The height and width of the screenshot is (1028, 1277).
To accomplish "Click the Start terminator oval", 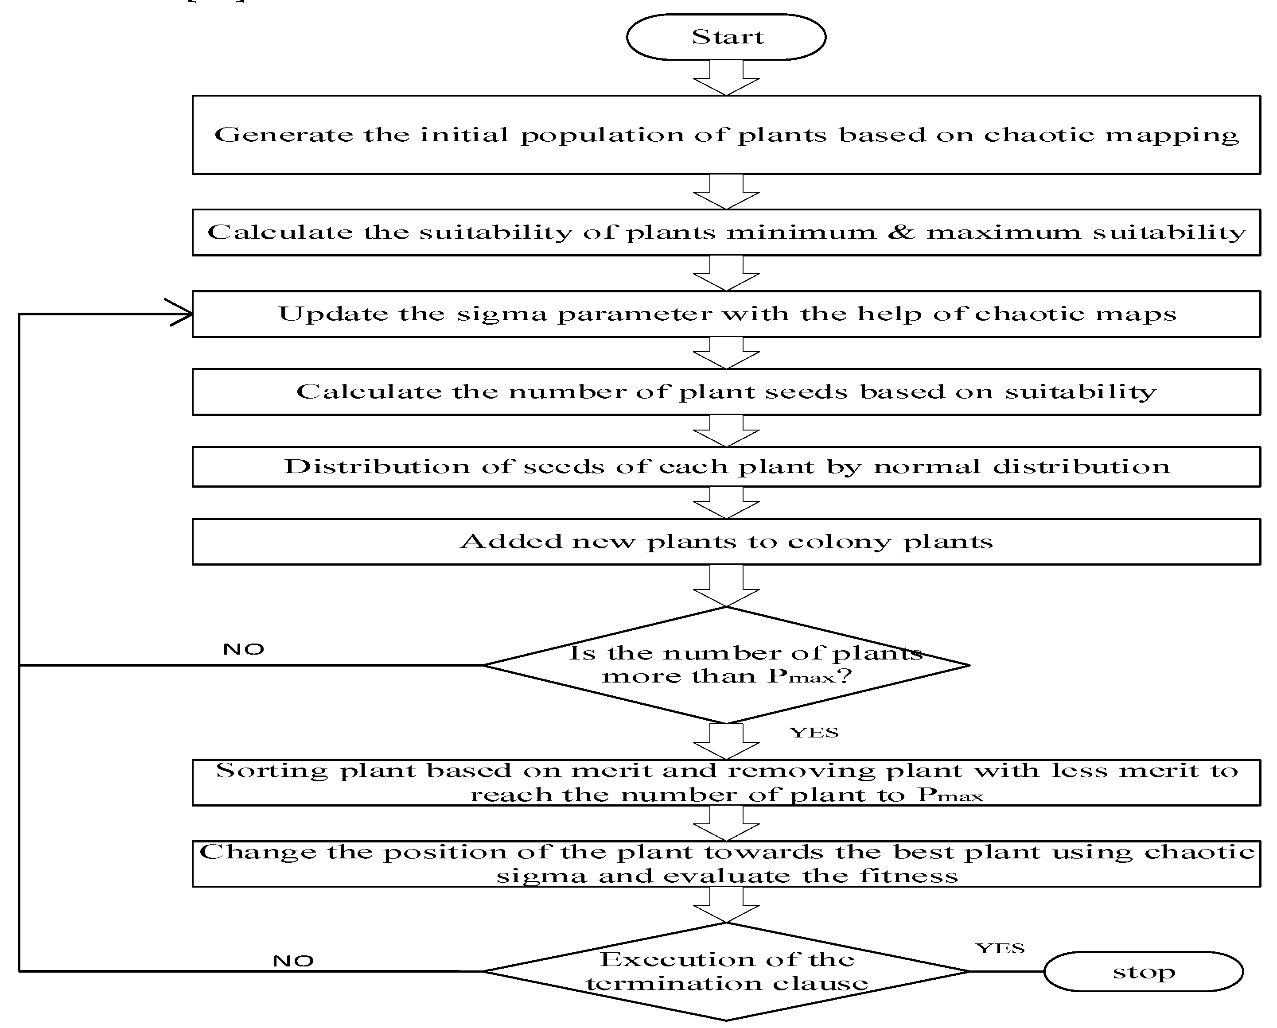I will tap(726, 37).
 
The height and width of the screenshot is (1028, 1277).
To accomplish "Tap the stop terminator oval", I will tap(1143, 971).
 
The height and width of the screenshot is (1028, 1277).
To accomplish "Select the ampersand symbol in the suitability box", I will tap(901, 232).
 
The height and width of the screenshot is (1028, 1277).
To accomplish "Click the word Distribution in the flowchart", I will tap(377, 466).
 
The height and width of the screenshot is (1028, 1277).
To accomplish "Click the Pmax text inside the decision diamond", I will tap(802, 675).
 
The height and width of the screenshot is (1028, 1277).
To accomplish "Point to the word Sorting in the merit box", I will tap(271, 770).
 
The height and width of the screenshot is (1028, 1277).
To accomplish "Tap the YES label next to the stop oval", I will tap(1000, 948).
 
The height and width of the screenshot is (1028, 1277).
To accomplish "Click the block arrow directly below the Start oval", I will tap(726, 78).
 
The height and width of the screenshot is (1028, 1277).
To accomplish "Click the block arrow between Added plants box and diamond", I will tap(726, 585).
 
